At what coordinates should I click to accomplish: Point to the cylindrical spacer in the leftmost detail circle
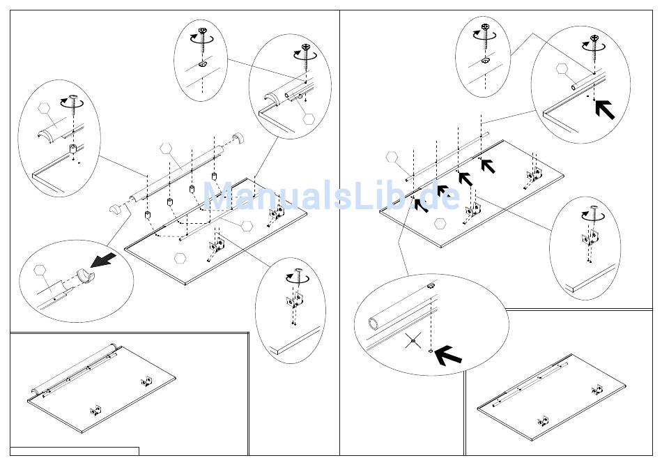tap(72, 149)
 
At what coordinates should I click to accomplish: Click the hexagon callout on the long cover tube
tap(166, 148)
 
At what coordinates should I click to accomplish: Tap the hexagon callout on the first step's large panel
tap(181, 257)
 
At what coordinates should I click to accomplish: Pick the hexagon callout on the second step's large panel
tap(440, 224)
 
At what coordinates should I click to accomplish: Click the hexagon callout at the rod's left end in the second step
tap(393, 158)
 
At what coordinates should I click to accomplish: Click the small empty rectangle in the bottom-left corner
tap(75, 451)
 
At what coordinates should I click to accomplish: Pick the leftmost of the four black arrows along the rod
tap(420, 205)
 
